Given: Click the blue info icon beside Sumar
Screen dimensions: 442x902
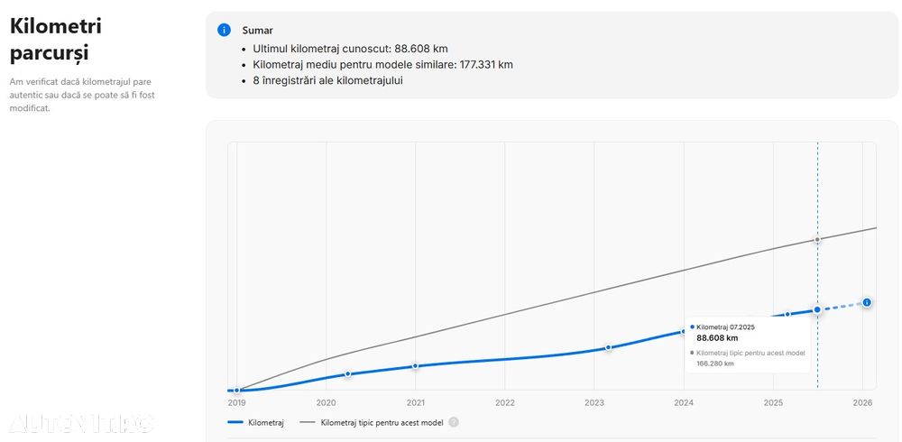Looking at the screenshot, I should click(x=224, y=30).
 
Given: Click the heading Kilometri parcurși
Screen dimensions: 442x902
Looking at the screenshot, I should click(x=56, y=39).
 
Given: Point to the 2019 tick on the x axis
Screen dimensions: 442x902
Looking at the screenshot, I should click(x=236, y=402).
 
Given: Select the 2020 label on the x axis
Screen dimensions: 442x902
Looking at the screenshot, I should click(x=326, y=402).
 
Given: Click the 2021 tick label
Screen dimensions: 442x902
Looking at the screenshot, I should click(x=415, y=402).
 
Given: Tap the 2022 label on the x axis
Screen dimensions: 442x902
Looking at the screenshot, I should click(x=504, y=402).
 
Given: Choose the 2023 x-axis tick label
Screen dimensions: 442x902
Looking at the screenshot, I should click(x=594, y=402).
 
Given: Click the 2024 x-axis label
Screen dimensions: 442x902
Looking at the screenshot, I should click(x=684, y=402).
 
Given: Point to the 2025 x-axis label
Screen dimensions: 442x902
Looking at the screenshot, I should click(x=773, y=402).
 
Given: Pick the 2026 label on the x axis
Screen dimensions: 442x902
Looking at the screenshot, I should click(x=862, y=402).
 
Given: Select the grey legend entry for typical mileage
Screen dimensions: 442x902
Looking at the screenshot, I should click(x=373, y=421).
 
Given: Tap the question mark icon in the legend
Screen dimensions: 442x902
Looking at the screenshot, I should click(x=454, y=421).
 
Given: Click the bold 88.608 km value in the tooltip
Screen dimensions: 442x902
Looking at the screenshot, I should click(x=717, y=338).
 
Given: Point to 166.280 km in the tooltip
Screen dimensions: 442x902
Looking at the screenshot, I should click(x=715, y=364).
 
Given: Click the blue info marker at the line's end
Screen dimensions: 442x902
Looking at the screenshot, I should click(x=867, y=302).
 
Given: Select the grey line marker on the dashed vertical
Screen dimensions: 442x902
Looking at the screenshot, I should click(x=817, y=239).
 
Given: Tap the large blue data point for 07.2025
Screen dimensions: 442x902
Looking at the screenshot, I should click(x=817, y=309).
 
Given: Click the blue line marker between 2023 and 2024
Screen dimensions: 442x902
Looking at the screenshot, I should click(x=608, y=347).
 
